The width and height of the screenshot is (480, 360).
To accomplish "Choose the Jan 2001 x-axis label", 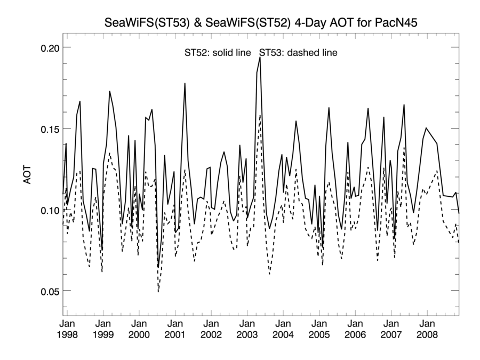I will (175, 329).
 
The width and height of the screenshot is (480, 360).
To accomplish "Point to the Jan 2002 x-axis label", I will (211, 329).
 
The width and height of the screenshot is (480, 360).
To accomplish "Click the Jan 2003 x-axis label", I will (247, 329).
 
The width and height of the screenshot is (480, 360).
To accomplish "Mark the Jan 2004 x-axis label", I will (283, 329).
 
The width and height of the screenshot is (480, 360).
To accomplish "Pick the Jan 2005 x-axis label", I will (319, 329).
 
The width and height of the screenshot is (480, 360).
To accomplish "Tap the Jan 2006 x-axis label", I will (355, 329).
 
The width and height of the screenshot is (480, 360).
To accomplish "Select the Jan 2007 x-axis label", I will (391, 329).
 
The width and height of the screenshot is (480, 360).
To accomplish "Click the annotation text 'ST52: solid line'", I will (218, 53).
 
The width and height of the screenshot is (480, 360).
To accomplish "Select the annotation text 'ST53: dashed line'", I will (299, 53).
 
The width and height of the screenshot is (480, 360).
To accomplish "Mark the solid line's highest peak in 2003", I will (260, 58).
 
